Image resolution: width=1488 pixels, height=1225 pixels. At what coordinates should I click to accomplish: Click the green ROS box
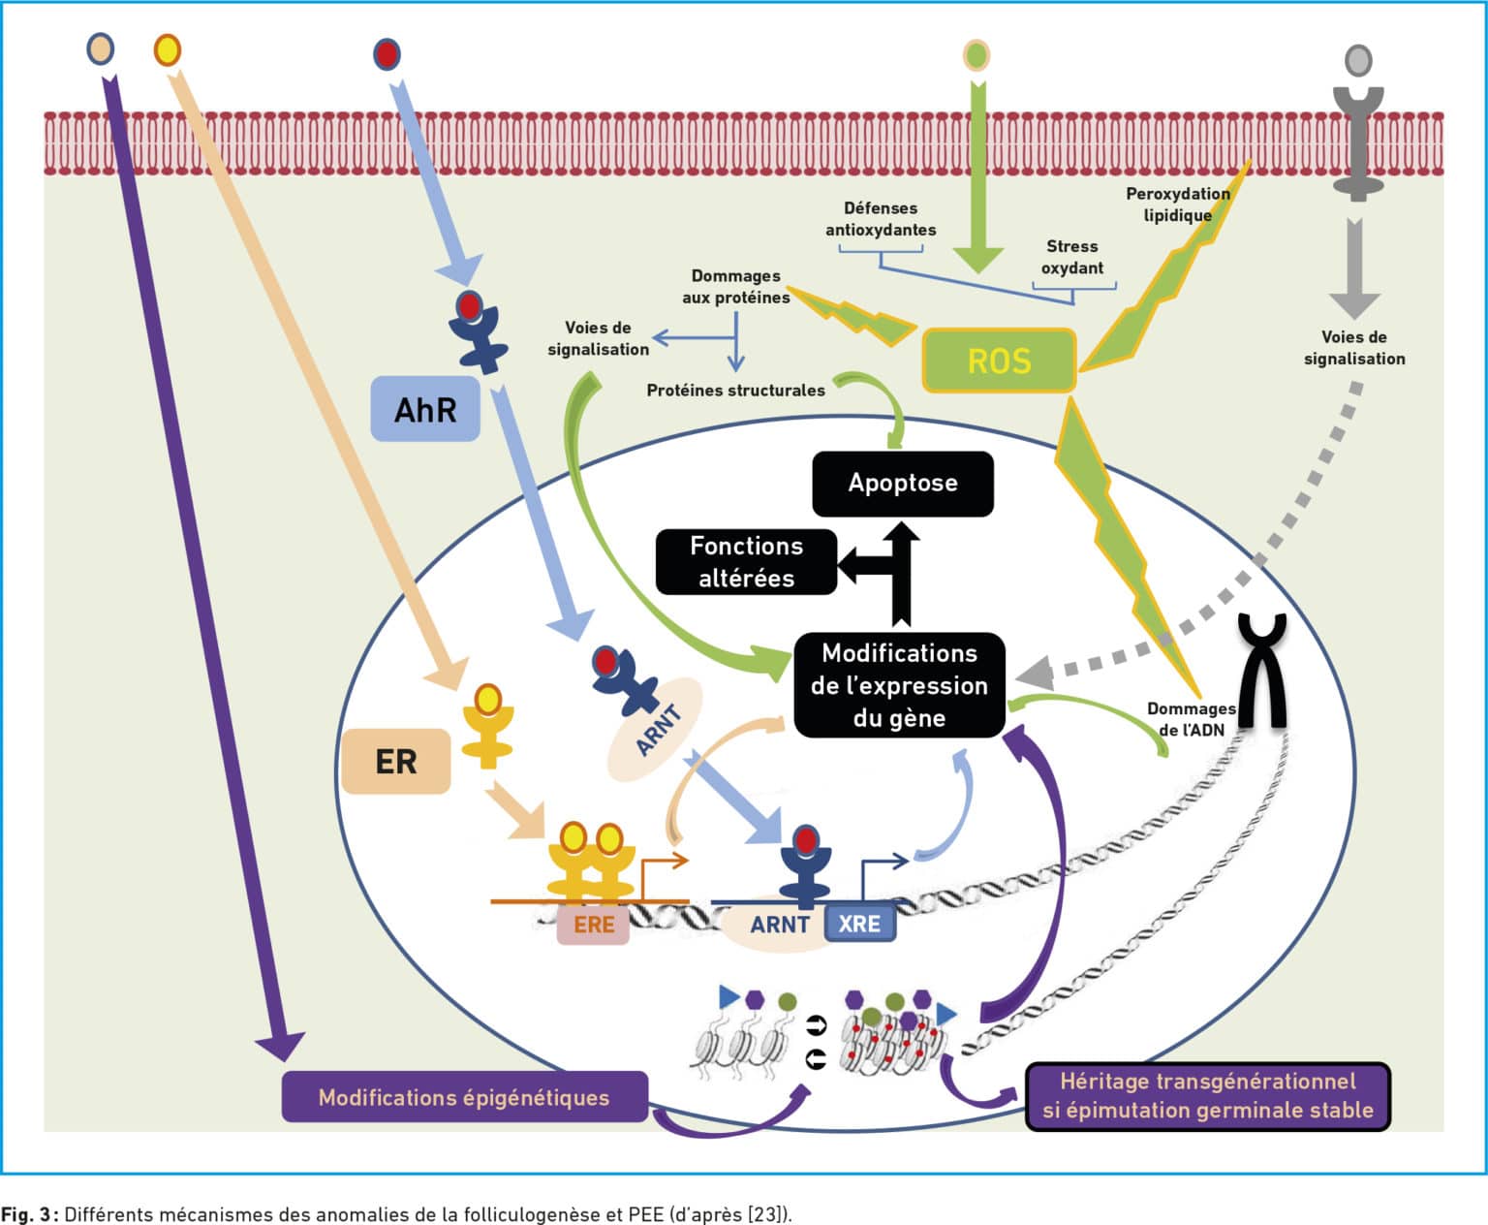[999, 361]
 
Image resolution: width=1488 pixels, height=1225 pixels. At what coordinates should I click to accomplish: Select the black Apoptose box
[903, 484]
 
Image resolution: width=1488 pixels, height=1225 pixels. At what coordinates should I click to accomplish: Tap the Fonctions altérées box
[747, 562]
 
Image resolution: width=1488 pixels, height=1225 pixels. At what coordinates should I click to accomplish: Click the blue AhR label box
[425, 409]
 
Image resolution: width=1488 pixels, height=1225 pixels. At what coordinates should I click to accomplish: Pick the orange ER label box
[396, 761]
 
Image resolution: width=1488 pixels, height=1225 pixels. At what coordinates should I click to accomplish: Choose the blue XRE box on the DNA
[860, 924]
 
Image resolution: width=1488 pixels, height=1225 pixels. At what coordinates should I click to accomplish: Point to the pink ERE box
[593, 925]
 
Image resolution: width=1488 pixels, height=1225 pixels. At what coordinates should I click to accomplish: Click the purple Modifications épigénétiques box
[464, 1097]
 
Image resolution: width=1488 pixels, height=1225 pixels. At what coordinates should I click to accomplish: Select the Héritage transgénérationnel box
[1208, 1096]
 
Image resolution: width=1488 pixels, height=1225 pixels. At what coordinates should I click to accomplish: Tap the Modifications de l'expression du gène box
[900, 685]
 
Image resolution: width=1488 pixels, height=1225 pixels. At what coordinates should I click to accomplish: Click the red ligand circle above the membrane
[387, 54]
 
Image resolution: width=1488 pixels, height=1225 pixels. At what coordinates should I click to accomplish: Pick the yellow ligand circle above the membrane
[168, 50]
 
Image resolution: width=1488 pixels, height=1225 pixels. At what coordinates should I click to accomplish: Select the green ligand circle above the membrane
[976, 55]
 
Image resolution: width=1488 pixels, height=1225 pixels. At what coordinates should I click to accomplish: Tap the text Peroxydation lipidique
[1178, 204]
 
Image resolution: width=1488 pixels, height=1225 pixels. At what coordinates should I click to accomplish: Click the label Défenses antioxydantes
[881, 219]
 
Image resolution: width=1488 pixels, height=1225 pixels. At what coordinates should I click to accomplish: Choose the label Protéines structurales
[736, 391]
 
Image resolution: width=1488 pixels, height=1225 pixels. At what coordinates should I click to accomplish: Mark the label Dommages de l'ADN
[1192, 719]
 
